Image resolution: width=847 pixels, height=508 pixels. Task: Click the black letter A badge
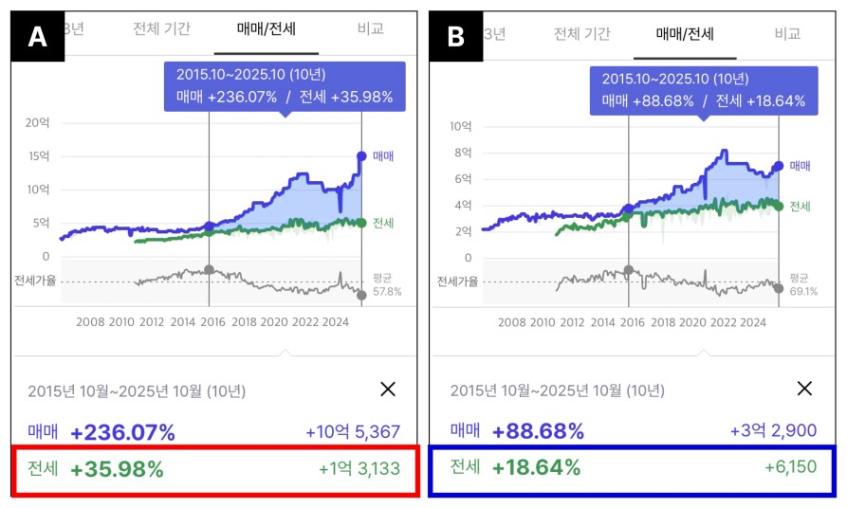[x=37, y=37]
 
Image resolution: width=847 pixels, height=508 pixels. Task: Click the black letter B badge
[x=456, y=37]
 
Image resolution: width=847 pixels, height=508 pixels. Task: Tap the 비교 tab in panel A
[x=371, y=28]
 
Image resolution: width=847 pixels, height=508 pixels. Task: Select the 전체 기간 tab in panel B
[x=582, y=34]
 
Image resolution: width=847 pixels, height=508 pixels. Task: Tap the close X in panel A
[x=387, y=388]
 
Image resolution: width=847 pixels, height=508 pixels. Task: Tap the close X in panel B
[x=804, y=388]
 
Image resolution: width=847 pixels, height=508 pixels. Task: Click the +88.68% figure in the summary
[x=538, y=431]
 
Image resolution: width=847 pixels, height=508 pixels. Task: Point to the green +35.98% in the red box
[x=117, y=468]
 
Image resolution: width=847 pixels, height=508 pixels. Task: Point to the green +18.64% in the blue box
[x=536, y=467]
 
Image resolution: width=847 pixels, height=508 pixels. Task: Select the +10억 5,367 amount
[x=353, y=432]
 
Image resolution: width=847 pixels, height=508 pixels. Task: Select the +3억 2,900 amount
[x=773, y=431]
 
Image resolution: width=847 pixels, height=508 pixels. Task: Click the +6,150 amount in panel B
[x=790, y=467]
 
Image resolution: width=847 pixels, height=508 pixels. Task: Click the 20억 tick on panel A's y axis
[x=37, y=122]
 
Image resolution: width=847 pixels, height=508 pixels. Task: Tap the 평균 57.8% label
[x=384, y=285]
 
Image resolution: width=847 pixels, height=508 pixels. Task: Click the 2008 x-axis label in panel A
[x=90, y=322]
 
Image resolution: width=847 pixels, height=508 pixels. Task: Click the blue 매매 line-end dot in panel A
[x=361, y=155]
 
